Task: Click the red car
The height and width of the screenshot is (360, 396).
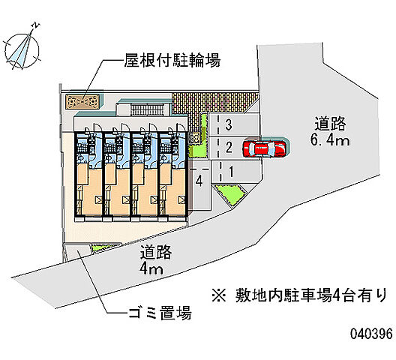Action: (x=265, y=148)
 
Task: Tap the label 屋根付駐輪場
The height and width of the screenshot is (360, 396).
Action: (x=172, y=60)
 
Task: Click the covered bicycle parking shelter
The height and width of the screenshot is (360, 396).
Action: (x=82, y=101)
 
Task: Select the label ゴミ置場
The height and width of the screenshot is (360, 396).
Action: (x=160, y=313)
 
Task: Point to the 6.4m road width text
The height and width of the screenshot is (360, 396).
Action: (x=330, y=139)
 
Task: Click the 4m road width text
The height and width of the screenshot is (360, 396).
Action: (x=151, y=269)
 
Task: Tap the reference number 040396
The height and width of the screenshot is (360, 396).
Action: (x=371, y=334)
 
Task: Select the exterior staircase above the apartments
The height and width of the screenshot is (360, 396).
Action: (x=148, y=110)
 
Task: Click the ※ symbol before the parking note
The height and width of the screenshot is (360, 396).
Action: (x=219, y=295)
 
